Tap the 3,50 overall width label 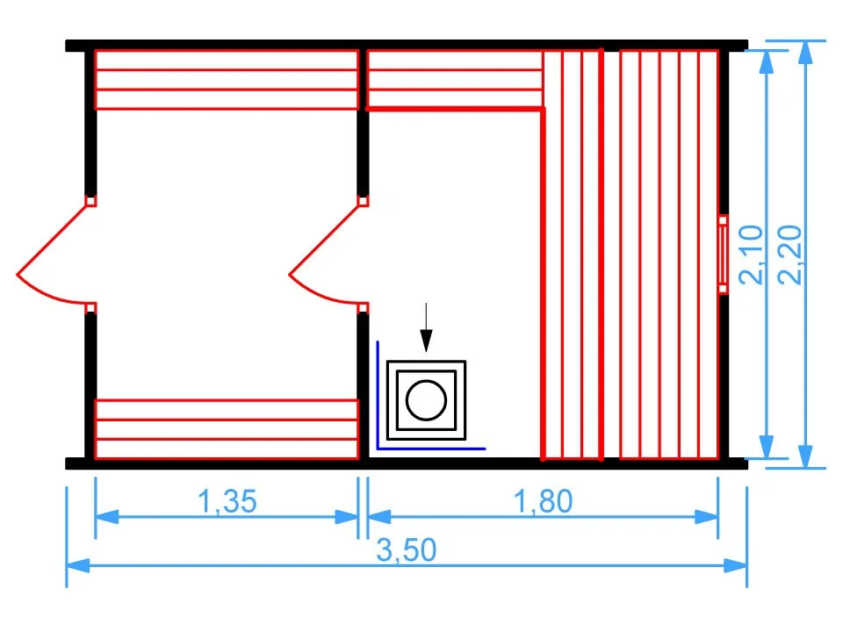[x=407, y=550]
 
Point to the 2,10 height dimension [x=753, y=255]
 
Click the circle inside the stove [x=427, y=400]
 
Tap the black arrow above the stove [x=426, y=328]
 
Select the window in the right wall [x=723, y=255]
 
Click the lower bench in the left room [x=227, y=429]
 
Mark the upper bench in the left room [x=227, y=80]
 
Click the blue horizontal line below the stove [x=430, y=449]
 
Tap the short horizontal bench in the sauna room [x=453, y=79]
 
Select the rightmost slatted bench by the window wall [x=669, y=255]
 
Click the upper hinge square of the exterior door [x=91, y=201]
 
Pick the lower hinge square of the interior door [x=363, y=307]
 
